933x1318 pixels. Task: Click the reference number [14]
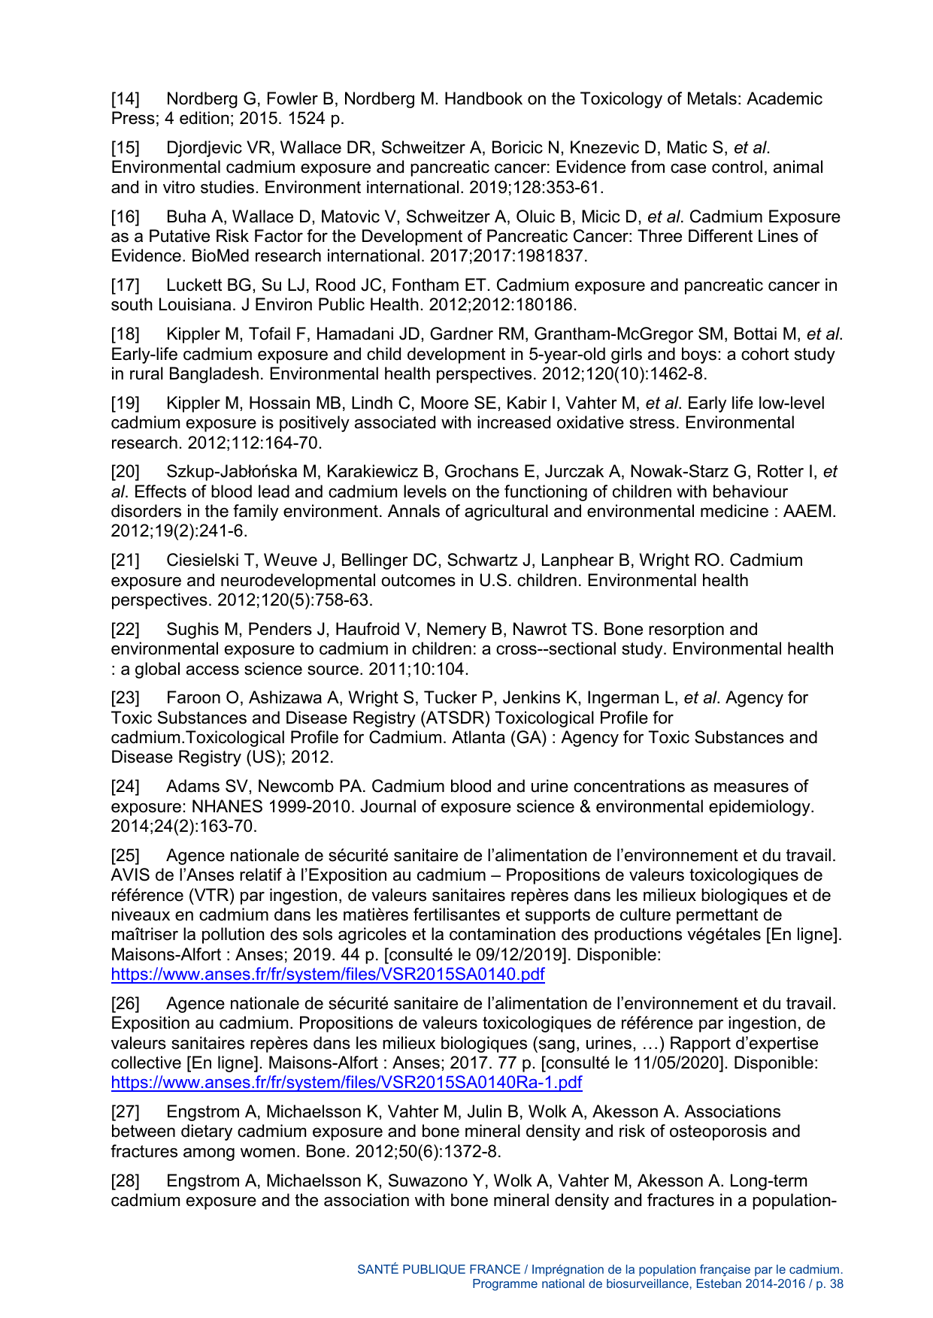[x=125, y=99]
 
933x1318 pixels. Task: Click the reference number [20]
[x=125, y=472]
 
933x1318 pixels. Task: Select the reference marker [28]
[x=125, y=1181]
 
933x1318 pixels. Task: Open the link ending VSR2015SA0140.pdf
[x=327, y=975]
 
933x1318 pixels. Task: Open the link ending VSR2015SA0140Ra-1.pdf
[x=346, y=1083]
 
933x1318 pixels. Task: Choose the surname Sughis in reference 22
[x=192, y=630]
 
